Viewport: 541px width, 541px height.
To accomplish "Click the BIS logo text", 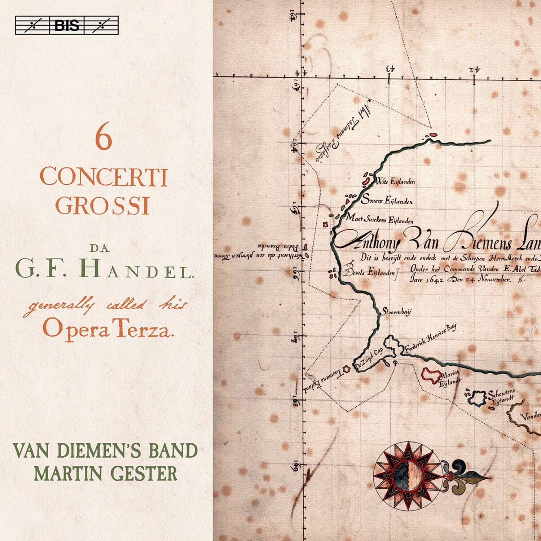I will coord(67,25).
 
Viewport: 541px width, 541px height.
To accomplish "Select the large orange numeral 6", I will coord(104,140).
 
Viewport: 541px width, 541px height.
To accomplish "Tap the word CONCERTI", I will coord(104,177).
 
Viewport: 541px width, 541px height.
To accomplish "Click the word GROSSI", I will coord(102,206).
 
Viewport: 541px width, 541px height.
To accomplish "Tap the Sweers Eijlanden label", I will coord(387,201).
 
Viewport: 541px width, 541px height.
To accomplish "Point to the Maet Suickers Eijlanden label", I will coord(379,219).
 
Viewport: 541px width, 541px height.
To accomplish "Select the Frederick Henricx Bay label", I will coord(430,338).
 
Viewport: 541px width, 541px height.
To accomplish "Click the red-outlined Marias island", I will coord(431,376).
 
